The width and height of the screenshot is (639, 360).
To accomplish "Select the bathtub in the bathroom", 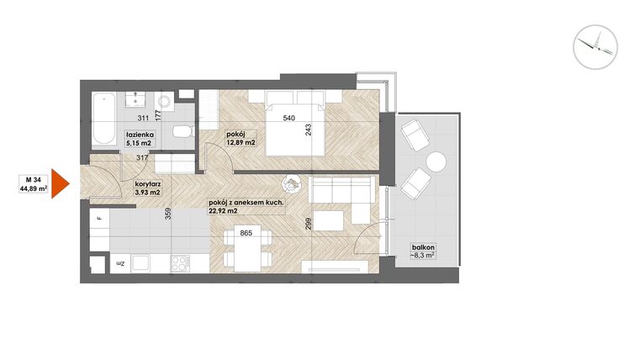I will click(105, 119).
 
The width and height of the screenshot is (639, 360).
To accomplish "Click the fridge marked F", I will click(99, 220).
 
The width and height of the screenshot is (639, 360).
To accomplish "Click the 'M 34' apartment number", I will click(34, 178).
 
